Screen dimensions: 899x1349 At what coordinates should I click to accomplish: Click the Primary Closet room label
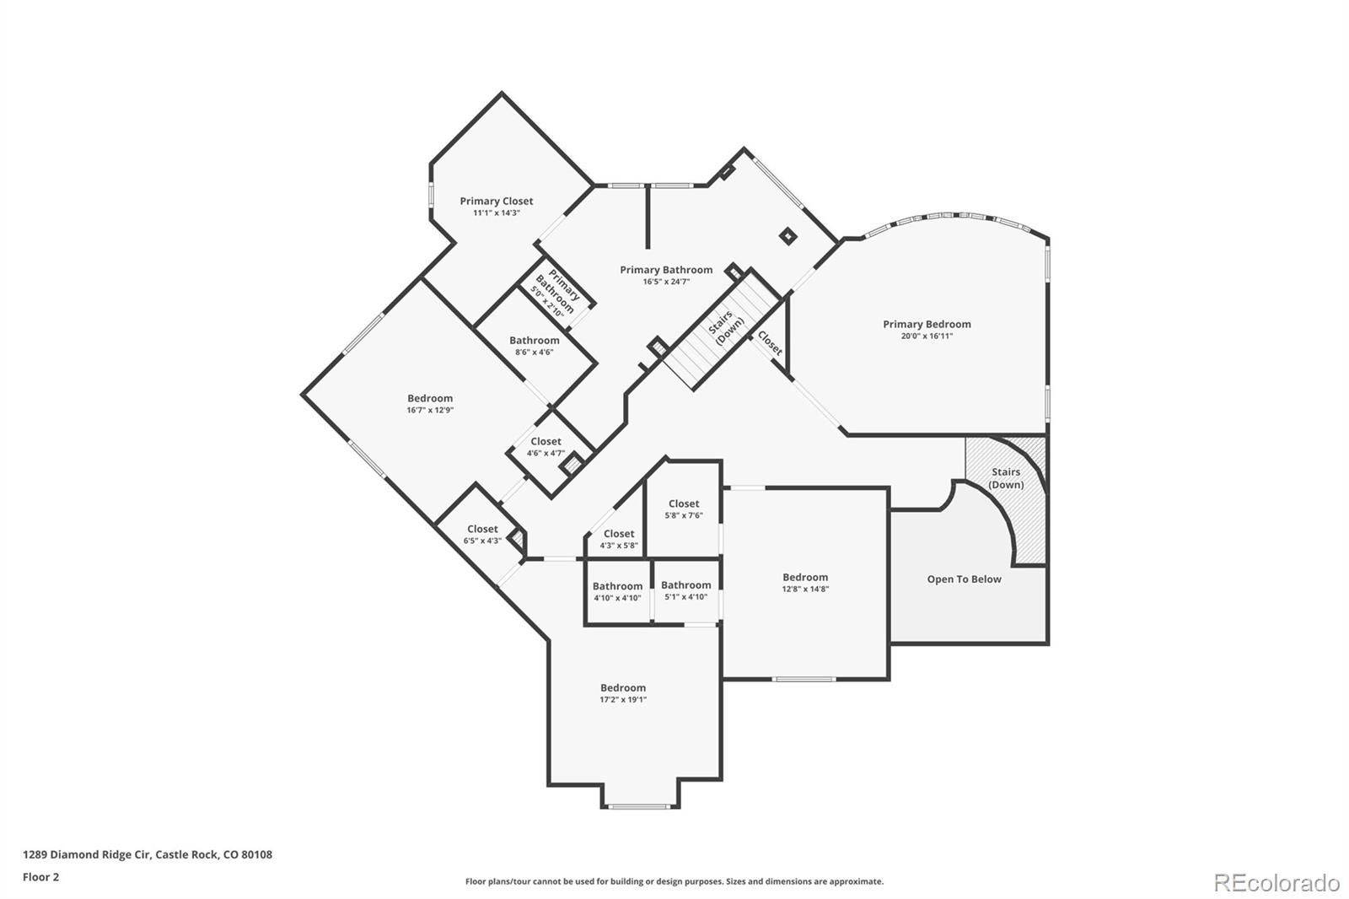tap(496, 202)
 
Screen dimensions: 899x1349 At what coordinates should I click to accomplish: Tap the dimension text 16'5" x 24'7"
tap(666, 282)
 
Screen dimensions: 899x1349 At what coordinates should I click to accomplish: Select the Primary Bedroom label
tap(927, 325)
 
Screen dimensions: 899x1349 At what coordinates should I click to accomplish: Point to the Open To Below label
tap(964, 579)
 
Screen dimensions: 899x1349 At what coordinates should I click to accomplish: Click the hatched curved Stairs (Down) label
tap(1006, 478)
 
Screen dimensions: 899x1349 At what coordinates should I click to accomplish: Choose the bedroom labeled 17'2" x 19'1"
tap(623, 693)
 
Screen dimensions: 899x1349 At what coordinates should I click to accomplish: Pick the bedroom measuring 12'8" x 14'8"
tap(805, 583)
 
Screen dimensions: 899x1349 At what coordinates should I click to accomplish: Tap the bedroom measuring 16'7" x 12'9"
tap(430, 404)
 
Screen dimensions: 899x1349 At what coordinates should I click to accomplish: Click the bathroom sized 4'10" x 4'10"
tap(617, 591)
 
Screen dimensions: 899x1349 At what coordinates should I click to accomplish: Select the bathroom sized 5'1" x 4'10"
tap(685, 590)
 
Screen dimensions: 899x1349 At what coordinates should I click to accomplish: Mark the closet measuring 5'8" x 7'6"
tap(683, 509)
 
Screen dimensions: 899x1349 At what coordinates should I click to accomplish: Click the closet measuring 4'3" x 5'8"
tap(618, 539)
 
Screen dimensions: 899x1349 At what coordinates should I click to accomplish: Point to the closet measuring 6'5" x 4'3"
tap(482, 535)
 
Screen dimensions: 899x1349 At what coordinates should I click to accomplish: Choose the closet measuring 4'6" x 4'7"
tap(546, 447)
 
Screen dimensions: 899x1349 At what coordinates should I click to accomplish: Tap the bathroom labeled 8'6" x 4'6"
tap(534, 346)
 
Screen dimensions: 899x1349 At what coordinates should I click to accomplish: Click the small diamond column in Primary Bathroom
tap(787, 237)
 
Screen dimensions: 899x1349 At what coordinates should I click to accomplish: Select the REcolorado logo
tap(1276, 882)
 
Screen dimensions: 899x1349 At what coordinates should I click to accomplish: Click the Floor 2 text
tap(40, 877)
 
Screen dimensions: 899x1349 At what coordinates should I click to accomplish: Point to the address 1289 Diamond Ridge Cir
tap(148, 854)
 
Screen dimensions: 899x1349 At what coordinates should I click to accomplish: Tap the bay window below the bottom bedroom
tap(640, 806)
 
